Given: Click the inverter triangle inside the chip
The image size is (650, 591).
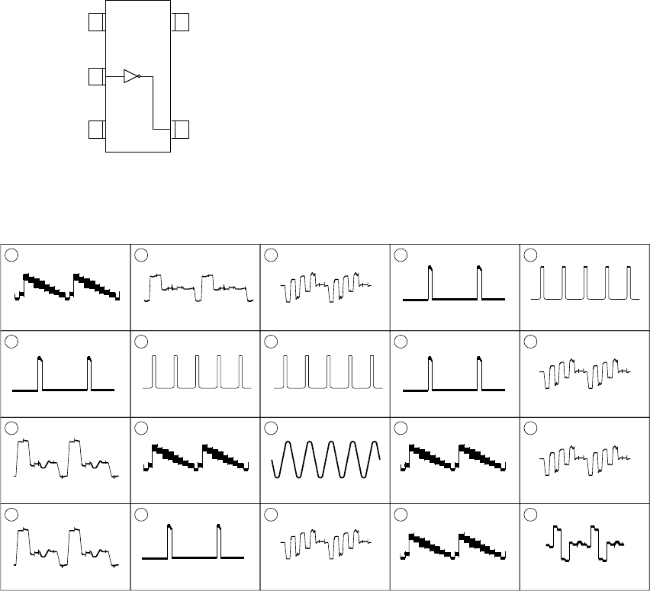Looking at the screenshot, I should (x=130, y=76).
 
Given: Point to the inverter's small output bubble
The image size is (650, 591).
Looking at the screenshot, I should (x=140, y=76).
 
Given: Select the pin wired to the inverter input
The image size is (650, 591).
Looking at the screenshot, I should (x=97, y=76).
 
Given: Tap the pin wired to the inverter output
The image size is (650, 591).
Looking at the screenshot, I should (x=180, y=130).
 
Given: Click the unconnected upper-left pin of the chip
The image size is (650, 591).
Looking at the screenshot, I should (x=97, y=22).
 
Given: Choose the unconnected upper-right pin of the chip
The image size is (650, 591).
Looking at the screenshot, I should (x=180, y=22).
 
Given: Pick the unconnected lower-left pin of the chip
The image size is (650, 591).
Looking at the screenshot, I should (x=97, y=130).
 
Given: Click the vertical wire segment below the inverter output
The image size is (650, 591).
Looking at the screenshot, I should (x=153, y=103).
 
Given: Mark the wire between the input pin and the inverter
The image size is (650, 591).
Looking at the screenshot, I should (x=114, y=76).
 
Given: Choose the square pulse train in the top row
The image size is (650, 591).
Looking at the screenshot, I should (x=584, y=284).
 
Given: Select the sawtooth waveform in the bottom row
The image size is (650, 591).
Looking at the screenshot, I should (x=455, y=548).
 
